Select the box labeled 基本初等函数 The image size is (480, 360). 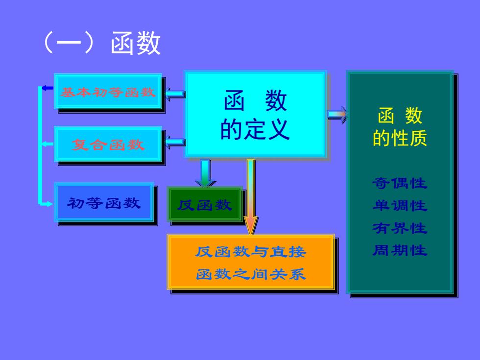(x=108, y=91)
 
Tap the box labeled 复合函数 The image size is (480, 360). (x=108, y=144)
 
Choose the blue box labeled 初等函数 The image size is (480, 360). (x=104, y=202)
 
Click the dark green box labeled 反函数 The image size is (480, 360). (x=205, y=204)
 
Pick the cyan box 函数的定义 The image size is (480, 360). (x=255, y=114)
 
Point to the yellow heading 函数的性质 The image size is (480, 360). (x=400, y=127)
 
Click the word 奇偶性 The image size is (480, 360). (x=400, y=183)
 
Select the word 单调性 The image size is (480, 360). (x=400, y=205)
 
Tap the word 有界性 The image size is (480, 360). (x=400, y=228)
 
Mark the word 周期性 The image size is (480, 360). (x=400, y=250)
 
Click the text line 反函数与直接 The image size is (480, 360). (x=251, y=252)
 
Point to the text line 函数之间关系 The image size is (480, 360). (x=251, y=274)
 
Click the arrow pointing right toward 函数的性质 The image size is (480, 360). (x=337, y=115)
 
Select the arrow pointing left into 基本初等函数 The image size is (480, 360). (x=175, y=94)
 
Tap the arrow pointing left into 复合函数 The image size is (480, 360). (x=175, y=143)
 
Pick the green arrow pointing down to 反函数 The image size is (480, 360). (x=205, y=173)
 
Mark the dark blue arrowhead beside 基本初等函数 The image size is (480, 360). (x=48, y=88)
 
